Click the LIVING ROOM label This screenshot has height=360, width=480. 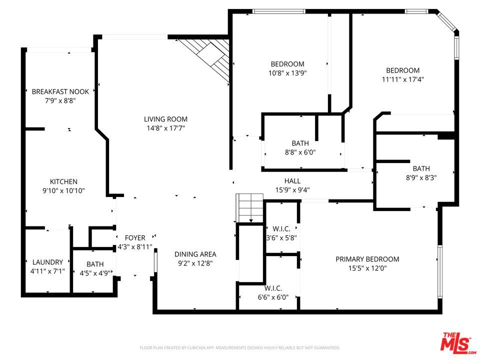(x=165, y=119)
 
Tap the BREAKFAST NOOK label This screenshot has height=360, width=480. (x=60, y=91)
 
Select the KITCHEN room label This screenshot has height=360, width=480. (x=63, y=181)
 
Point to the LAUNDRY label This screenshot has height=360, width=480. (x=47, y=262)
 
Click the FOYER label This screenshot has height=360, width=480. (x=135, y=238)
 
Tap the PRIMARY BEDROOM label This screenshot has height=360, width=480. (x=367, y=259)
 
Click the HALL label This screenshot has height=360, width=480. (x=292, y=181)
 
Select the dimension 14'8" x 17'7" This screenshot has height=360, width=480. (x=165, y=128)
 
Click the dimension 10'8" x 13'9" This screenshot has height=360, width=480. (x=287, y=72)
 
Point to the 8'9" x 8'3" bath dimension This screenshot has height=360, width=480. (x=421, y=177)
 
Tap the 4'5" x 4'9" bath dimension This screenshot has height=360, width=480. (x=95, y=273)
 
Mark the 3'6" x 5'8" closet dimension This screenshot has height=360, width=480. (x=281, y=237)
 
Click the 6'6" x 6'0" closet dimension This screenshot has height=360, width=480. (x=273, y=297)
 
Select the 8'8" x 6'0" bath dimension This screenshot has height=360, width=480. (x=300, y=152)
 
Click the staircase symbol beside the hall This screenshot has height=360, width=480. (x=249, y=207)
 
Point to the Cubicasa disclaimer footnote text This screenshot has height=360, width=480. (x=240, y=347)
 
